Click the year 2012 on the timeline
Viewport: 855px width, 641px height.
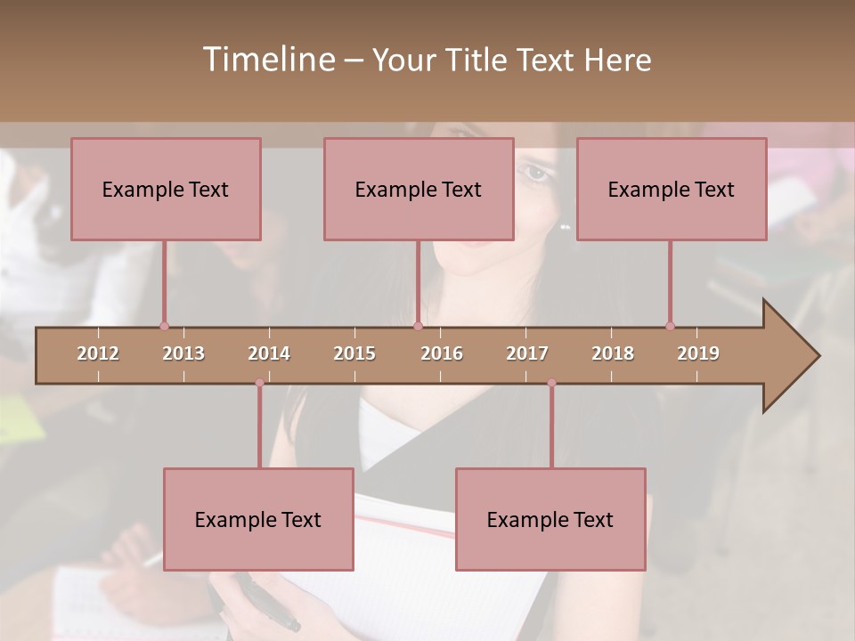98,353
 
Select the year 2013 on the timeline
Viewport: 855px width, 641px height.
183,353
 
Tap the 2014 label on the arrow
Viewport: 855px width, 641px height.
269,353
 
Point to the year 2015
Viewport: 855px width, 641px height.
354,353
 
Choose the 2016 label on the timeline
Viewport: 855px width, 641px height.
442,353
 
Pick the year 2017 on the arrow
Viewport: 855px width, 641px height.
527,353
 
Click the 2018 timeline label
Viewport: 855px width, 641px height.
613,353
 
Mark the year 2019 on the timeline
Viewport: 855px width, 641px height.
698,353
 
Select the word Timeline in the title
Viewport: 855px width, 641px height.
267,60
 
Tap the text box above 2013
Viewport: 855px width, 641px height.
166,189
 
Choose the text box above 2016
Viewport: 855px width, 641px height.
419,189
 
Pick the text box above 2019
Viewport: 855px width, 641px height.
672,189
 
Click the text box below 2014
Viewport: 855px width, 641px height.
258,519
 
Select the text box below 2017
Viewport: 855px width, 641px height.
550,519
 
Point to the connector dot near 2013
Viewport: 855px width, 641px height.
164,326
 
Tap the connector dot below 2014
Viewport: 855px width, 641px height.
259,383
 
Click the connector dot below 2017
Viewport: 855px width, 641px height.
551,383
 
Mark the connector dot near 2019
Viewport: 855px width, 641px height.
670,326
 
